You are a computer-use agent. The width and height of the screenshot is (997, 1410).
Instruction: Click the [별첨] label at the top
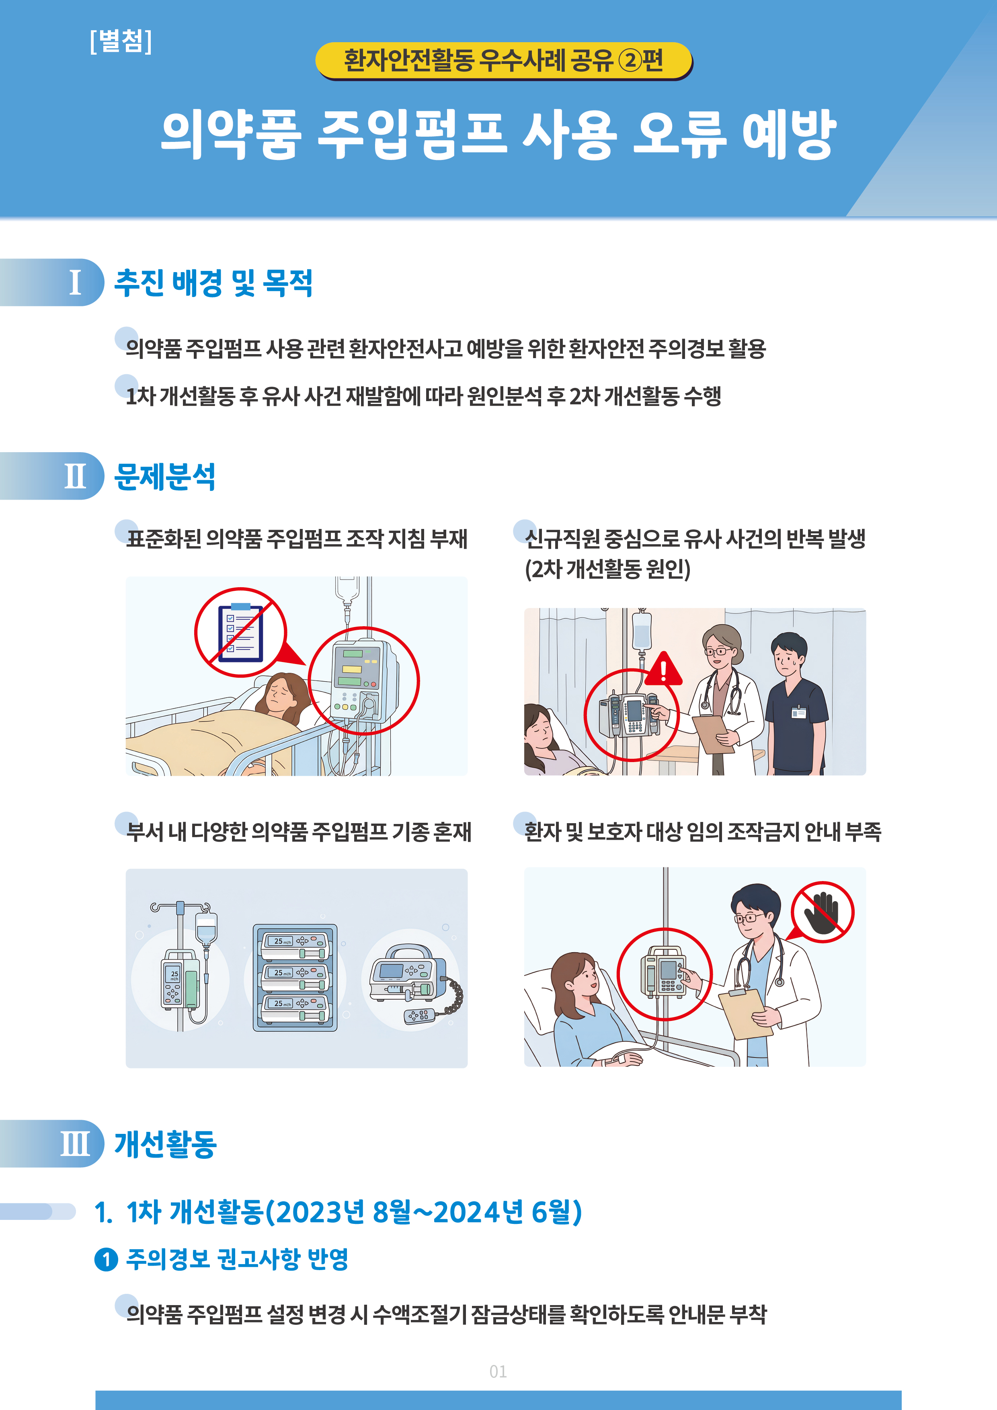[x=120, y=41]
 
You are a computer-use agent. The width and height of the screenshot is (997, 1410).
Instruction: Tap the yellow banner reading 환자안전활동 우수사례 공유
[x=504, y=61]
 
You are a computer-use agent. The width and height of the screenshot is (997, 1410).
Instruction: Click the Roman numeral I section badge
[x=52, y=283]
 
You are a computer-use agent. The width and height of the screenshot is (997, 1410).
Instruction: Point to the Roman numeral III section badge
[x=52, y=1144]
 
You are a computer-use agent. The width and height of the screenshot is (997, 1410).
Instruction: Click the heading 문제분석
[x=165, y=477]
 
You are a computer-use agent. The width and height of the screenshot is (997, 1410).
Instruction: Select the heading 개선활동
[x=165, y=1144]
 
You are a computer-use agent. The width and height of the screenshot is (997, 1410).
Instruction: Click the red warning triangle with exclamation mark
[x=663, y=669]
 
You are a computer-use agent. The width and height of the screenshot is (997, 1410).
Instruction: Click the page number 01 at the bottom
[x=498, y=1371]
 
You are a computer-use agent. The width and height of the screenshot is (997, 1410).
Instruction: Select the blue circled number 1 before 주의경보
[x=106, y=1260]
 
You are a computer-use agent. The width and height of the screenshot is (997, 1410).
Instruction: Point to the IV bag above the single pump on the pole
[x=206, y=927]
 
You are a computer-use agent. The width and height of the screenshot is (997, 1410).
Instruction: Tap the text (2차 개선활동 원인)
[x=607, y=569]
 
